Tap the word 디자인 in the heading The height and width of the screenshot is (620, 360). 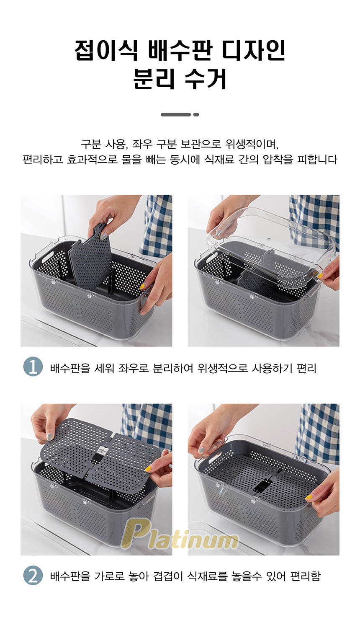[x=254, y=50]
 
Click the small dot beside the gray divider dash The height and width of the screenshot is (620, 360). [x=196, y=115]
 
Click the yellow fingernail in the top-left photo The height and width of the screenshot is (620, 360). [x=142, y=287]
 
